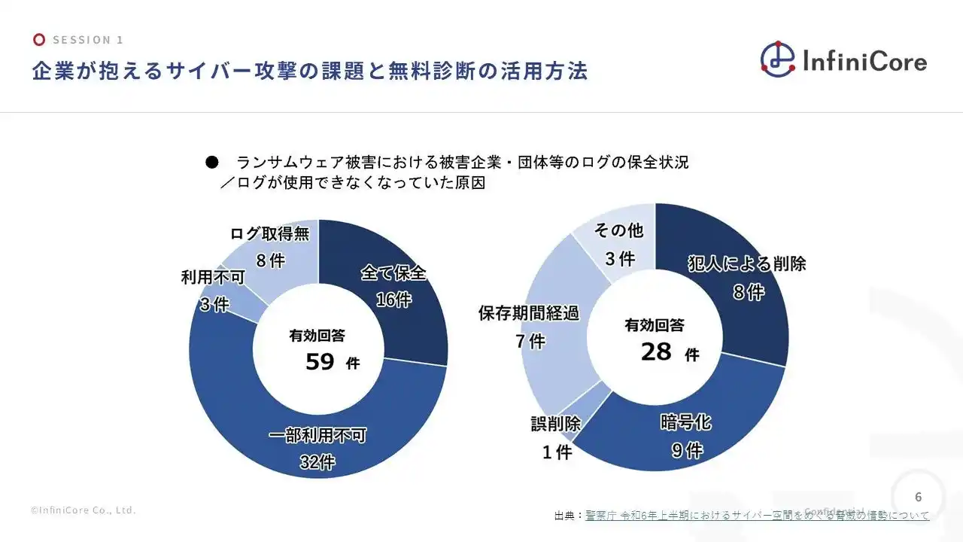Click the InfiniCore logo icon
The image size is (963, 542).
777,59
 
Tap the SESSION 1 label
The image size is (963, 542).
88,40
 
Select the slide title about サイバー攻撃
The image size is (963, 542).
309,72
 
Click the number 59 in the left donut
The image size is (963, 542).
320,362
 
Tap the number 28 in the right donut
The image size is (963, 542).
656,352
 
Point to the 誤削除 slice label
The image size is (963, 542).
555,425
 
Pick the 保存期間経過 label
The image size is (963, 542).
529,313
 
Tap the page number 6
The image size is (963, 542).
918,497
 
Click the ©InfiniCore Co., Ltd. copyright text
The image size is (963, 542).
84,510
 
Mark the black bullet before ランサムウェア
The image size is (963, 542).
211,163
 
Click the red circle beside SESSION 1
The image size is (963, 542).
39,40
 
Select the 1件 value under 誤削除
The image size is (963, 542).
557,452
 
